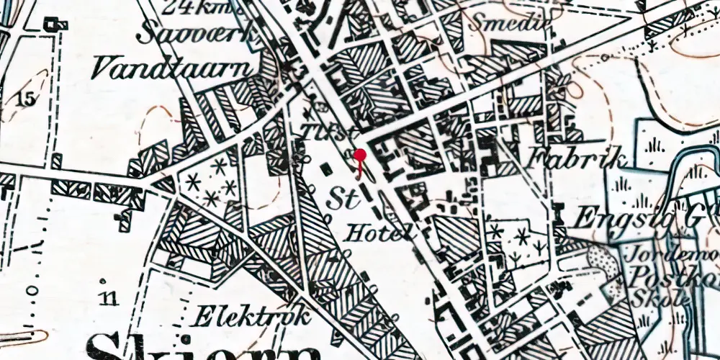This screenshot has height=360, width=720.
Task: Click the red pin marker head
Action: (x=360, y=155)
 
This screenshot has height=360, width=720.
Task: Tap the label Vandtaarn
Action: (x=174, y=68)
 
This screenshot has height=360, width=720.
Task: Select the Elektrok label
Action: (x=253, y=315)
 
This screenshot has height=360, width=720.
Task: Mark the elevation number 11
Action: (x=109, y=298)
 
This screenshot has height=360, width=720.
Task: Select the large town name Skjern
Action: (x=202, y=347)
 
